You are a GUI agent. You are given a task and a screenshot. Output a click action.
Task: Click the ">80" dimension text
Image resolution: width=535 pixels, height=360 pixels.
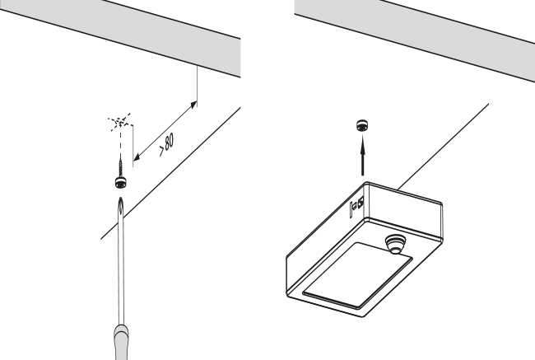point(167,144)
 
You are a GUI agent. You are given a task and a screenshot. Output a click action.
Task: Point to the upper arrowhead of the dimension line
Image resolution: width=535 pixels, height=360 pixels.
point(193,105)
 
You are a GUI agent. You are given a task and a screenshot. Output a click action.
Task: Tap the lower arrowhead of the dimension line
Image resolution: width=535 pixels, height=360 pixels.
point(137,157)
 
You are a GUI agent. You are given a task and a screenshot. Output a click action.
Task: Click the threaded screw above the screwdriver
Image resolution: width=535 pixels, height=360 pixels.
point(121,165)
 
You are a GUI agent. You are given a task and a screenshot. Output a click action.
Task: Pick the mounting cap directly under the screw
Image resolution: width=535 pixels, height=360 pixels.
point(121,182)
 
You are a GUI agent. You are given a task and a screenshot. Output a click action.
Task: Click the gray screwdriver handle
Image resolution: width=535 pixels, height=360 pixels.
point(121,342)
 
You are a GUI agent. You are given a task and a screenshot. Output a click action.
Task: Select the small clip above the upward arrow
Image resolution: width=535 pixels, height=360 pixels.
point(362,125)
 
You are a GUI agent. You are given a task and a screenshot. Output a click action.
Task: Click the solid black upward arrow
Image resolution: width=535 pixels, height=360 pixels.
point(362,155)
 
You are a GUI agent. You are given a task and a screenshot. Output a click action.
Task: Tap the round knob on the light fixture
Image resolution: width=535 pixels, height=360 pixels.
point(395,244)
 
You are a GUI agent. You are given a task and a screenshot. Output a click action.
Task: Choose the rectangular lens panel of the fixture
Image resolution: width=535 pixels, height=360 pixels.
point(357,274)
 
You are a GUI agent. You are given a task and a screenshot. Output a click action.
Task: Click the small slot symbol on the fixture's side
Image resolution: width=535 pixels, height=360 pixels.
point(357,207)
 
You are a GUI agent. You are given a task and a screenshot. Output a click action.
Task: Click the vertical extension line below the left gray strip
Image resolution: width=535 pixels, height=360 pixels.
point(198,86)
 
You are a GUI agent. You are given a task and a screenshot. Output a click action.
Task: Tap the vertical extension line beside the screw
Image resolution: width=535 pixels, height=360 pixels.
point(133,146)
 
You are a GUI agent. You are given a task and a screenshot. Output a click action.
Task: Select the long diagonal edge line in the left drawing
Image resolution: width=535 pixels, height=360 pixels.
point(171,173)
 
